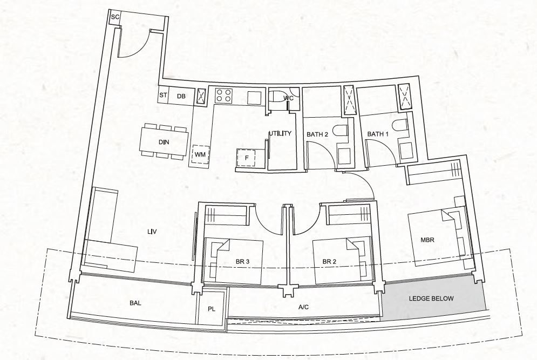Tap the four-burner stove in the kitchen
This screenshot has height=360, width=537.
223,95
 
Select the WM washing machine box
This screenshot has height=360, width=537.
200,154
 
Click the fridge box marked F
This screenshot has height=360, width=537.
246,158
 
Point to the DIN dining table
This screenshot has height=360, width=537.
164,142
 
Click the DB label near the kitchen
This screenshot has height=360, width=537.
181,96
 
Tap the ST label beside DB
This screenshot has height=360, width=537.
163,95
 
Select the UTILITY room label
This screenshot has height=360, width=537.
280,133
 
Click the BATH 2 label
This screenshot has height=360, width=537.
317,134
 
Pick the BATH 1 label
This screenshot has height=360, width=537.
378,134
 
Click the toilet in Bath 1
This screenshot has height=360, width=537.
399,126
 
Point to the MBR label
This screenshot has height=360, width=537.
427,240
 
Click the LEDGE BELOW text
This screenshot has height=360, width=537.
431,298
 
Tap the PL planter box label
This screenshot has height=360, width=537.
212,309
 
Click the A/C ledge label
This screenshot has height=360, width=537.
303,307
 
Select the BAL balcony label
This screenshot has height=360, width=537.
135,303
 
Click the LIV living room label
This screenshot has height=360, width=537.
152,232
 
